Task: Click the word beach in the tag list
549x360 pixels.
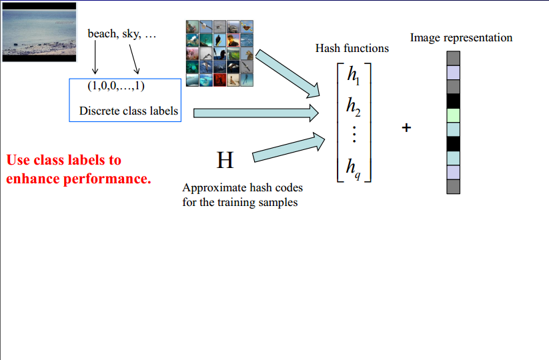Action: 101,34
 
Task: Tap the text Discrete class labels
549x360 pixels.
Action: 129,111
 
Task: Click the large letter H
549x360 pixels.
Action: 225,160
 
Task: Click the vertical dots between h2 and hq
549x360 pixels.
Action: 353,135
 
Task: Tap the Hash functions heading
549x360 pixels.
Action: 352,48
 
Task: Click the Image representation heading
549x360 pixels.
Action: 461,37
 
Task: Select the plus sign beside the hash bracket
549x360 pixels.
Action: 406,127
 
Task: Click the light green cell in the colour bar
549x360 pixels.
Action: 454,115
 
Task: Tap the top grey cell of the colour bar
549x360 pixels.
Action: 454,57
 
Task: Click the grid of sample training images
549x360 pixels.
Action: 220,54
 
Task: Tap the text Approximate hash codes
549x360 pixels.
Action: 243,189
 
